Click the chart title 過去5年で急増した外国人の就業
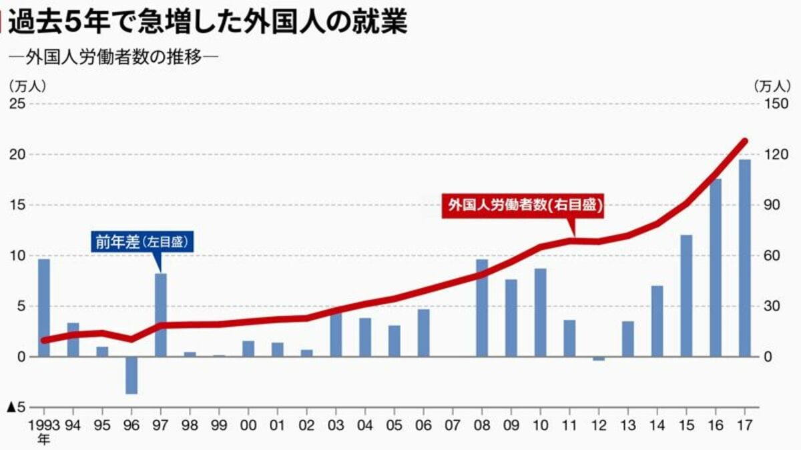pos(207,21)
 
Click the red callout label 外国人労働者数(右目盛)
pos(523,206)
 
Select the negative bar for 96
pos(131,375)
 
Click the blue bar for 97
pos(161,315)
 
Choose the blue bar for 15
pos(686,296)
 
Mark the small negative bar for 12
pos(599,359)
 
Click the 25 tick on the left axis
pos(17,104)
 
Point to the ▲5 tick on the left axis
pos(16,407)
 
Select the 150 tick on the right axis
pos(780,104)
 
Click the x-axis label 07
pos(453,425)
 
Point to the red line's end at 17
pos(745,141)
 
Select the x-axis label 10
pos(541,425)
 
